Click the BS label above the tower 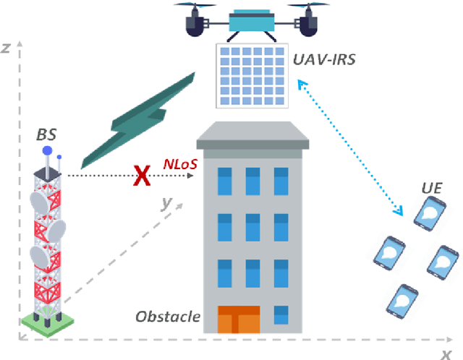click(x=46, y=134)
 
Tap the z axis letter click(x=6, y=48)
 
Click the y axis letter click(x=166, y=204)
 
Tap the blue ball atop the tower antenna click(x=48, y=151)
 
